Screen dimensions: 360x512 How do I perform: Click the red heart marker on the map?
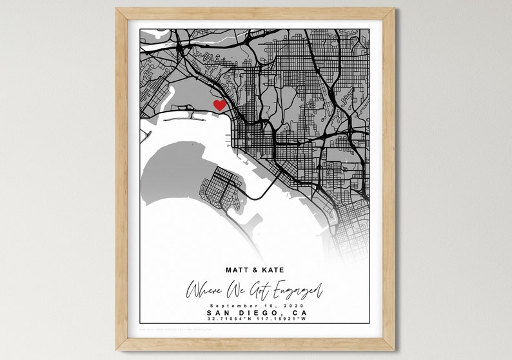[x=220, y=105]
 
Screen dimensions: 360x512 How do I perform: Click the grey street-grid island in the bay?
[x=221, y=187]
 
